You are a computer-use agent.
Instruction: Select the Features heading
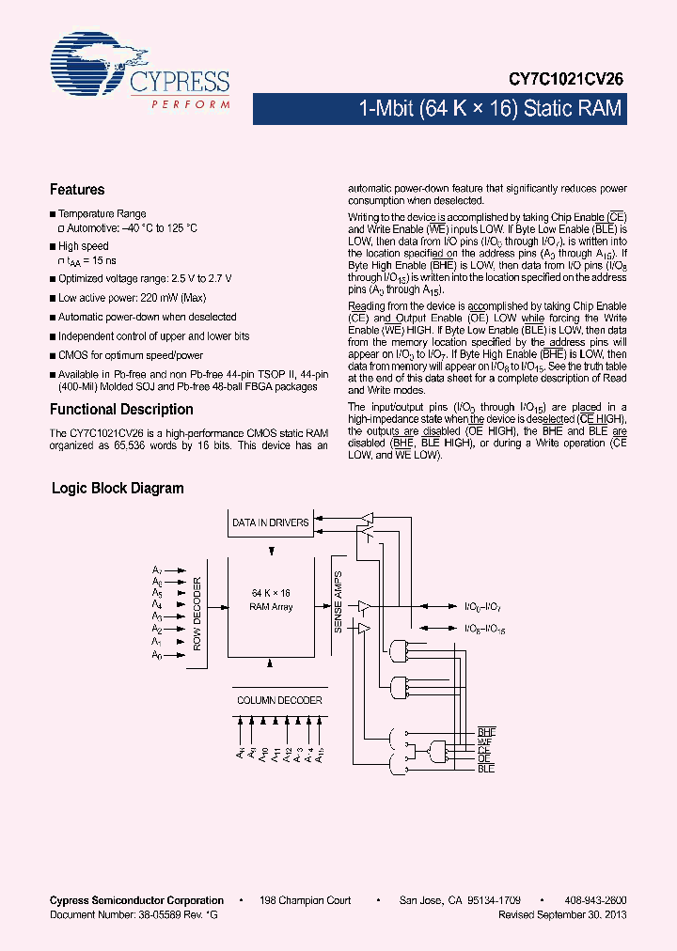coord(77,190)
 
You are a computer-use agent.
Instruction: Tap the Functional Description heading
coord(121,410)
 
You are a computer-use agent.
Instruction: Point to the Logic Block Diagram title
coord(118,489)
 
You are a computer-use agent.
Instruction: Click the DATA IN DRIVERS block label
coord(271,522)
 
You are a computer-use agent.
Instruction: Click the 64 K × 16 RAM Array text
coord(271,600)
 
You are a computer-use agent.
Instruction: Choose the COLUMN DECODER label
coord(279,700)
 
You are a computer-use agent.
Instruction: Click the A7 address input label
coord(157,570)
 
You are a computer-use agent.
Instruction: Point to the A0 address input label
coord(157,655)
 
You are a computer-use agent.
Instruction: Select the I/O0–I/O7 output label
coord(484,607)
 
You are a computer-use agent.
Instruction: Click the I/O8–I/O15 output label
coord(485,631)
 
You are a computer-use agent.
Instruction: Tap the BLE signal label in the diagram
coord(486,770)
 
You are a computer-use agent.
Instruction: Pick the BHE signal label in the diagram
coord(486,731)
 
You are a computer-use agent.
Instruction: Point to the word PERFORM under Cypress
coord(191,103)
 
